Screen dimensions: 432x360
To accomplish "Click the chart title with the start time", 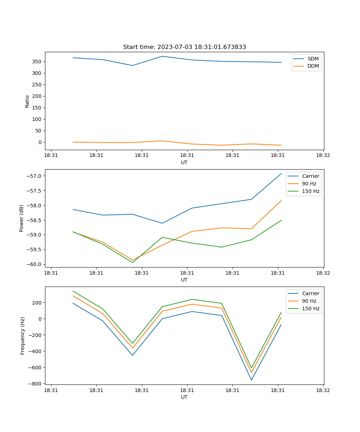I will click(x=184, y=47).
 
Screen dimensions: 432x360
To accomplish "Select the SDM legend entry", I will click(x=313, y=59).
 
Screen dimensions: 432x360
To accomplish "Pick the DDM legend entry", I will click(x=313, y=66).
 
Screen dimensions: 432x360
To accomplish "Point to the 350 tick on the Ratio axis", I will click(x=37, y=62).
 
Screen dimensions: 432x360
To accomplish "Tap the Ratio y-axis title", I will click(x=27, y=101).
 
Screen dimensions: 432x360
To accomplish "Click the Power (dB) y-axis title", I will click(x=22, y=218).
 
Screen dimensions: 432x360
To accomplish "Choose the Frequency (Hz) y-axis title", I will click(x=22, y=336).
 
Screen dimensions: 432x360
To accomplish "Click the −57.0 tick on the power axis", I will click(x=35, y=176).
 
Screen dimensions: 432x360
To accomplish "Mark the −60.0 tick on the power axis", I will click(x=35, y=264).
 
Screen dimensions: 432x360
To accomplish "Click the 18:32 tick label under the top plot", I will click(x=323, y=156).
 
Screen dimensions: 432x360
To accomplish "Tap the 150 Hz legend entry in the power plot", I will click(x=311, y=191).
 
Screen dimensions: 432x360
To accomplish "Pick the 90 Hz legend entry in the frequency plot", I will click(x=309, y=301).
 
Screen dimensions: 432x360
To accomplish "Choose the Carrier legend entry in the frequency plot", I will click(x=310, y=293).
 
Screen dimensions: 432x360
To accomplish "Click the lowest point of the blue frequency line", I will click(x=251, y=380).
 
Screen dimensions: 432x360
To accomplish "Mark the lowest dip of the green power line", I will click(x=132, y=262).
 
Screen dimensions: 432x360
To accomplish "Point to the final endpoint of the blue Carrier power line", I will click(x=281, y=174).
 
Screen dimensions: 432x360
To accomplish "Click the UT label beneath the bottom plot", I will click(x=184, y=397).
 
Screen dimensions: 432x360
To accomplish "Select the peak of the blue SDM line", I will click(x=162, y=56).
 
